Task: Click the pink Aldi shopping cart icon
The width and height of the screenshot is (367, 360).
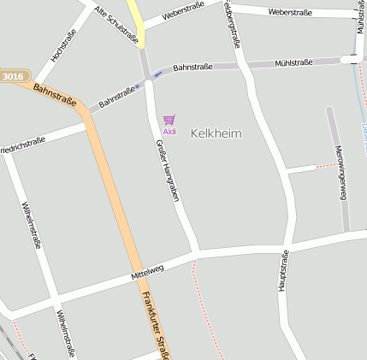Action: (169, 121)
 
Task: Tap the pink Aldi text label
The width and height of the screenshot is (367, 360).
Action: (169, 132)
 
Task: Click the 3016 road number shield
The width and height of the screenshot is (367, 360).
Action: (13, 77)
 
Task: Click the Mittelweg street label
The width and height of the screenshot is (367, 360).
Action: (146, 272)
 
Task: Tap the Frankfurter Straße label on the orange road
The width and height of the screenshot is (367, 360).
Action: (154, 325)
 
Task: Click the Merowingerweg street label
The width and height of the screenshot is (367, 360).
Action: (340, 173)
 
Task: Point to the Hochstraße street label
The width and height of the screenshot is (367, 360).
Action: (63, 45)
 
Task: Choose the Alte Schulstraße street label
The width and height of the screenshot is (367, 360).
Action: (116, 25)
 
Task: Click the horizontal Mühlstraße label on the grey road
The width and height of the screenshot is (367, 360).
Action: (293, 62)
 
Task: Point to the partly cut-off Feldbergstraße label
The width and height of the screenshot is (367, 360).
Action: (229, 24)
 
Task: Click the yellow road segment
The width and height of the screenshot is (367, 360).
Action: (137, 21)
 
